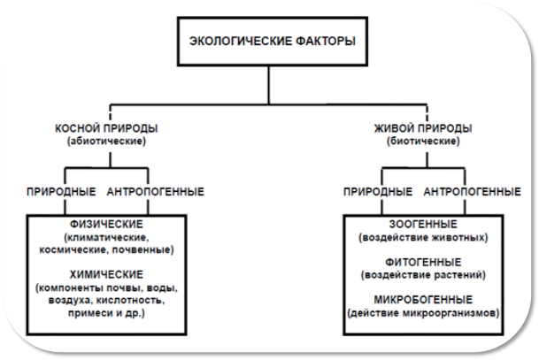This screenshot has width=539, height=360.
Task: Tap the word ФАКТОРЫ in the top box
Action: pos(325,42)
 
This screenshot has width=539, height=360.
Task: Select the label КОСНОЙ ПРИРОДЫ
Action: pos(106,128)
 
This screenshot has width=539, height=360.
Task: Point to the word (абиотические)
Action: pos(106,142)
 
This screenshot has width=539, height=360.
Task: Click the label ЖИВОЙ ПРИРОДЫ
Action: pos(423,128)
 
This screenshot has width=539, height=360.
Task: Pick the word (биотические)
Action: pos(423,142)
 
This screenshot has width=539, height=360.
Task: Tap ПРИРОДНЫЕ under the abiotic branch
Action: pos(61,192)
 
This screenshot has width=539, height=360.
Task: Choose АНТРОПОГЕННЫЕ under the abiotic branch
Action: pos(156,192)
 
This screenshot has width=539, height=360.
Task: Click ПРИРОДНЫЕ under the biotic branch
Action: pos(378,192)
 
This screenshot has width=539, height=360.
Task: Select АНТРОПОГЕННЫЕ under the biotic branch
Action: pos(472,192)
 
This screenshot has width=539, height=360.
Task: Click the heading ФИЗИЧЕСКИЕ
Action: pos(106,225)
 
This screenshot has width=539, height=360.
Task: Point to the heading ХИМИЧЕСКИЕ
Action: pos(106,274)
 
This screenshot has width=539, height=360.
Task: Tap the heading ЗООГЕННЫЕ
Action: pos(423,225)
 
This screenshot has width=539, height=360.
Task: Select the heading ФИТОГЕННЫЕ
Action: pos(423,263)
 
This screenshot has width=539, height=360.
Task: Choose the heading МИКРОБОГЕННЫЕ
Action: pos(423,300)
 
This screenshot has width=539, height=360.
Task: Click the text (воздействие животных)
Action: pos(423,237)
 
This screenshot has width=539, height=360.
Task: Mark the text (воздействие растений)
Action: pos(423,275)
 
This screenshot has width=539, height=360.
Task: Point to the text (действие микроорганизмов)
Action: pos(423,313)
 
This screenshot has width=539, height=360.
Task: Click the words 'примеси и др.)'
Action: pos(106,313)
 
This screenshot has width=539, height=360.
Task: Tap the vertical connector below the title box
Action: pos(269,85)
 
